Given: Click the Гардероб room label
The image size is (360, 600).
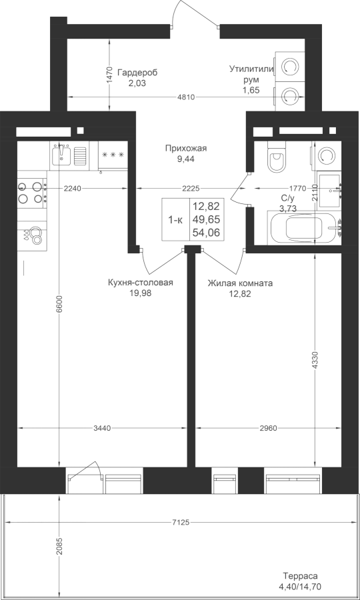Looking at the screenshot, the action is (137, 72).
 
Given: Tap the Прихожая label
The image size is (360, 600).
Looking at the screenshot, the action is (186, 149).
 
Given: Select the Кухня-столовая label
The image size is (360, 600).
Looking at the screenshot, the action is (141, 283).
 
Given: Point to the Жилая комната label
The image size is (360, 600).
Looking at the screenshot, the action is (240, 283).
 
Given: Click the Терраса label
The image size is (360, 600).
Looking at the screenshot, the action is (300, 576).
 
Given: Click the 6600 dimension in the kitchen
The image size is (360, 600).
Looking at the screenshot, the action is (59, 305).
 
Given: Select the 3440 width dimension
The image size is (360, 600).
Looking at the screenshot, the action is (102, 428).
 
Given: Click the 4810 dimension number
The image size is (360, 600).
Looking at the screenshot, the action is (186, 97).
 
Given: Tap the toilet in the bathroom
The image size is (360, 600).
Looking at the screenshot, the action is (277, 157).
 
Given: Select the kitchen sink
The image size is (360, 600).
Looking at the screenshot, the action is (61, 153).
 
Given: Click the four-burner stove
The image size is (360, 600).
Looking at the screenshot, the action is (30, 193).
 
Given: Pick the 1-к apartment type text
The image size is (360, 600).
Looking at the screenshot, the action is (175, 220).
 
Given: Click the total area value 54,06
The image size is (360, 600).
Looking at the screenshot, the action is (207, 232).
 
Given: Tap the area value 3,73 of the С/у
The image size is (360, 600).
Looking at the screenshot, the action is (289, 208).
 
